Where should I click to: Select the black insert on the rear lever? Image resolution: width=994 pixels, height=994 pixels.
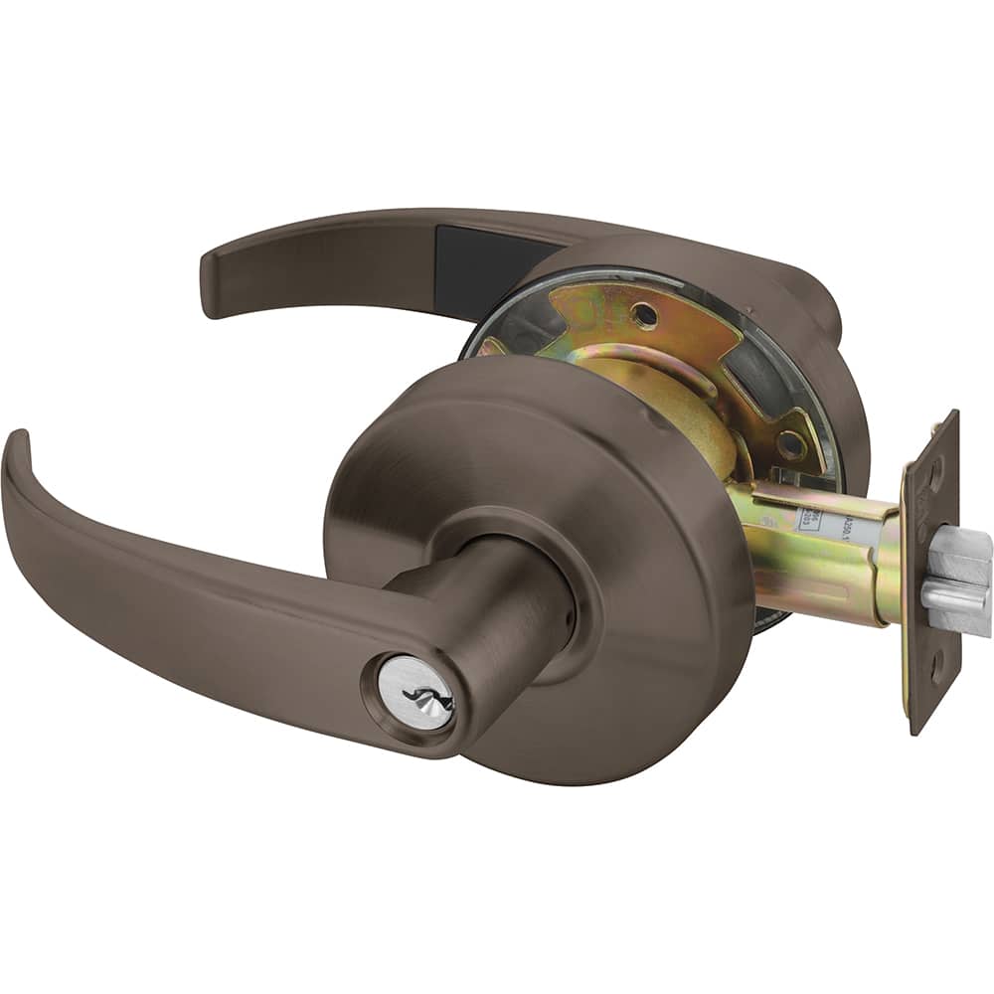(x=487, y=257)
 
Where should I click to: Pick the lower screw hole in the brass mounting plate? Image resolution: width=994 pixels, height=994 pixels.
(x=791, y=446)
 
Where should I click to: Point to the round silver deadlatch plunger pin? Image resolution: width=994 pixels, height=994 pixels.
(x=954, y=596)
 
